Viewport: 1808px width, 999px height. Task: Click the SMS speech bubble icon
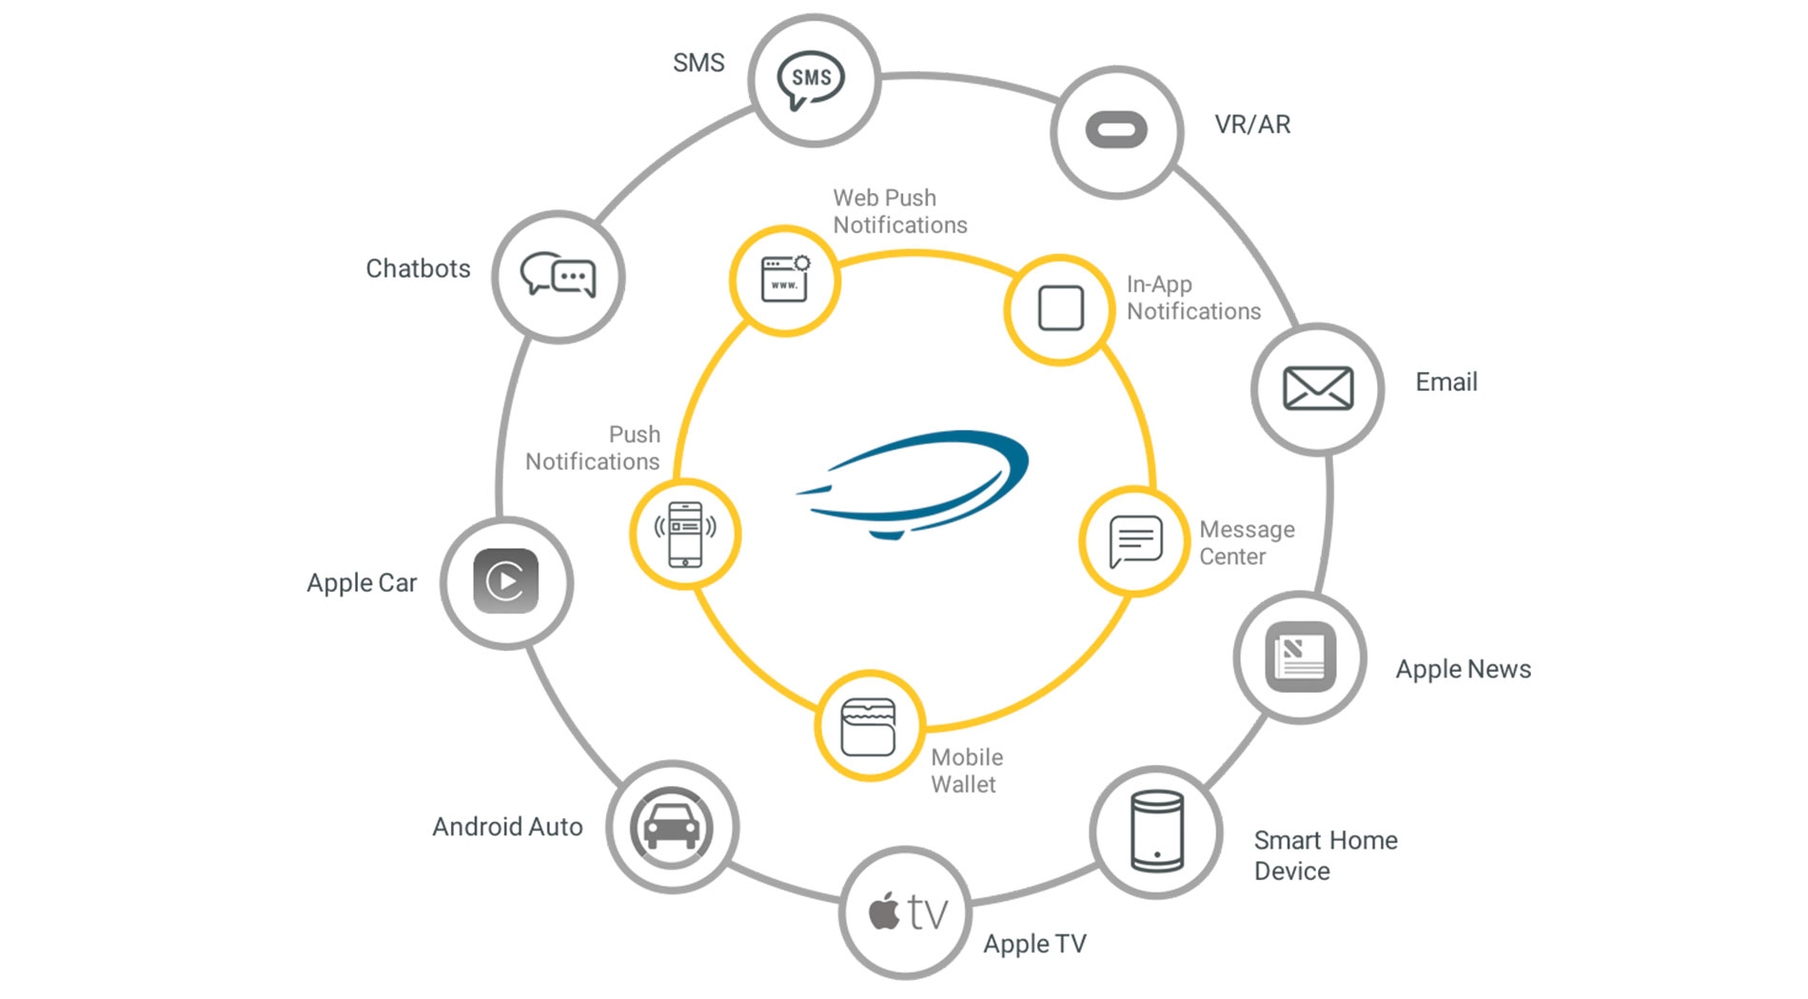click(812, 79)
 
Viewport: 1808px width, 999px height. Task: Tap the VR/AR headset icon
click(1116, 130)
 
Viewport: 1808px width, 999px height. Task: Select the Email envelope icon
click(1318, 388)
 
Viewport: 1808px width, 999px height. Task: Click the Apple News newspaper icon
click(1300, 656)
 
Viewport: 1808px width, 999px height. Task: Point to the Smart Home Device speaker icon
click(1157, 832)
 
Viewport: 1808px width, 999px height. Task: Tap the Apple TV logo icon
click(907, 912)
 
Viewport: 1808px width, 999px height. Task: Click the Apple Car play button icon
click(506, 581)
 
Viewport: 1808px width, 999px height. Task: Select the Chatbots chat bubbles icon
click(558, 276)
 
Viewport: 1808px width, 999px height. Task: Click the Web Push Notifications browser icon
click(785, 280)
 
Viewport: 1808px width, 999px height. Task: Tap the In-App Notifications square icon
click(1060, 308)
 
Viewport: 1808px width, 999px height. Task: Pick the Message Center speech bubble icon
click(1134, 540)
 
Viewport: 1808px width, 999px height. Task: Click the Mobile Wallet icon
click(868, 727)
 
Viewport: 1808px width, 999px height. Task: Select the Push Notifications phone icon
click(685, 534)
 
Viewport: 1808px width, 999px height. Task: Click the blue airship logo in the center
click(914, 483)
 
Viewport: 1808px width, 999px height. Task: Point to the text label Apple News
click(1463, 669)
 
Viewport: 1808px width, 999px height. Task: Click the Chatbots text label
click(418, 269)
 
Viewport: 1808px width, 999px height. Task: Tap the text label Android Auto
click(507, 827)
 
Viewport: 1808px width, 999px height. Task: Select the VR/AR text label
click(1252, 125)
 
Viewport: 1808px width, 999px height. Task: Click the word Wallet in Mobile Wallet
click(963, 785)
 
